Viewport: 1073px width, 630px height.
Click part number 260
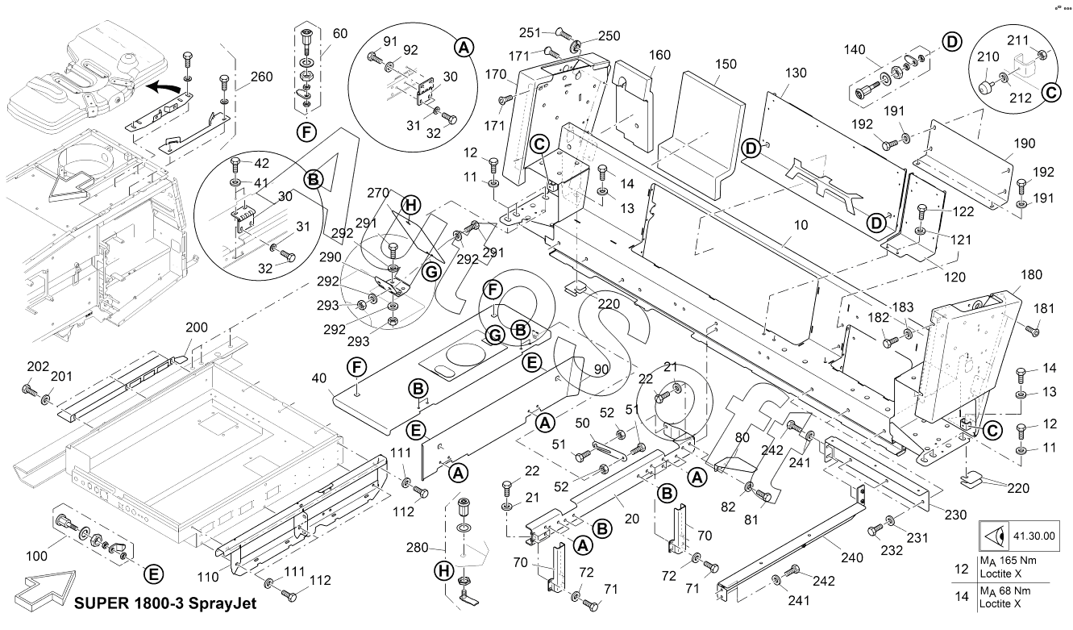(261, 77)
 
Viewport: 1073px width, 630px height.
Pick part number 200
(197, 328)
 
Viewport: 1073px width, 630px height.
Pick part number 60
(340, 34)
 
